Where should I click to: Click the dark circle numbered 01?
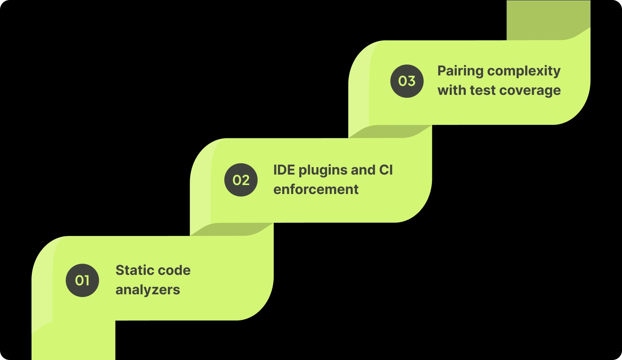point(82,280)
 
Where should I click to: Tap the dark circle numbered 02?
point(241,180)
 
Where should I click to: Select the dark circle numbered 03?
point(407,81)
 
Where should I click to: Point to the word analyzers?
point(148,290)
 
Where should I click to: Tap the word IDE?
point(284,170)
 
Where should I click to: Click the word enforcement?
point(316,190)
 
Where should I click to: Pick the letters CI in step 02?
point(386,170)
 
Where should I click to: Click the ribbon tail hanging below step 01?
point(74,342)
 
